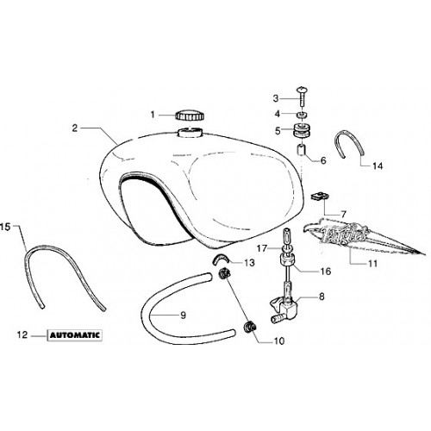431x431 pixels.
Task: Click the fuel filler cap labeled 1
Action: tap(190, 116)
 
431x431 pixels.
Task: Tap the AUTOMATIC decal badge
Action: tap(75, 335)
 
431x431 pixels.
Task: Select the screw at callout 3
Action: tap(302, 96)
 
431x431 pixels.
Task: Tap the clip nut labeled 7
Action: tap(320, 197)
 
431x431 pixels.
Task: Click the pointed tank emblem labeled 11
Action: tap(362, 238)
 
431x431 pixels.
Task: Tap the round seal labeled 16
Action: tap(286, 260)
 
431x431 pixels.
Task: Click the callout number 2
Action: tap(75, 128)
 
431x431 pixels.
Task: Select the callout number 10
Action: tap(279, 340)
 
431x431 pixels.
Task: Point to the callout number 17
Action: tap(262, 248)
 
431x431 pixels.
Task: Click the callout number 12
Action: tap(22, 334)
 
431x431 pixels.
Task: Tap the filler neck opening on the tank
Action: tap(190, 133)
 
